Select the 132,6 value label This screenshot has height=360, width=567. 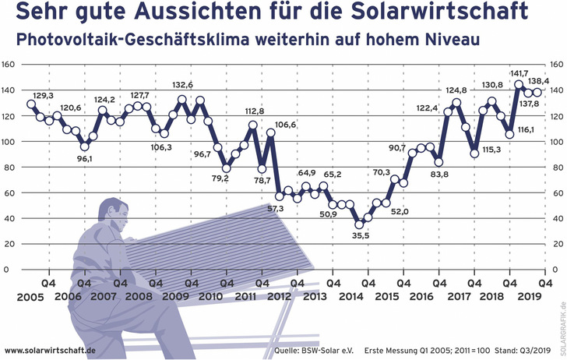(x=183, y=85)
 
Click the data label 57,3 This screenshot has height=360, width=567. (x=276, y=209)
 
